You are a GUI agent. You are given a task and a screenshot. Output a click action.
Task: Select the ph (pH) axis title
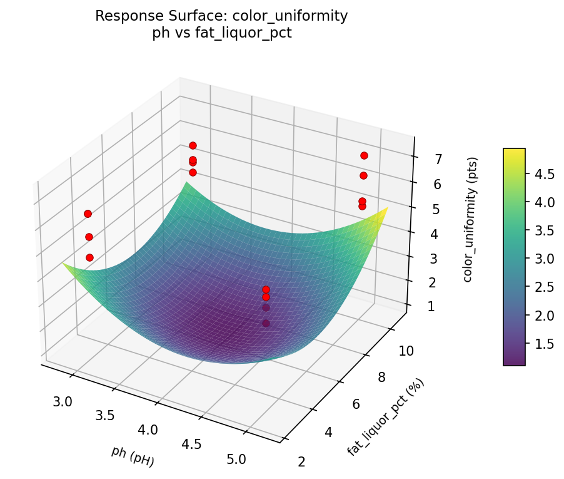pos(133,456)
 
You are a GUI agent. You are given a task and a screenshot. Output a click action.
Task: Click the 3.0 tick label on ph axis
pos(63,401)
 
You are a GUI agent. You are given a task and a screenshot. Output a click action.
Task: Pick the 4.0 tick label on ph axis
pos(148,430)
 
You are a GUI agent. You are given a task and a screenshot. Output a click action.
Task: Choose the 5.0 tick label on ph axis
pos(236,459)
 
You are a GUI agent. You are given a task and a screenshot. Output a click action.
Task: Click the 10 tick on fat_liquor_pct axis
pos(406,351)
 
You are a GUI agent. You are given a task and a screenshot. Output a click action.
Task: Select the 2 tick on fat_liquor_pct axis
pos(303,462)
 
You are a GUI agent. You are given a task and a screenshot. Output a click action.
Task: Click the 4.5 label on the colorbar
pos(544,174)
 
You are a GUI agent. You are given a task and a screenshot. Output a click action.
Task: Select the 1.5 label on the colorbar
pos(544,343)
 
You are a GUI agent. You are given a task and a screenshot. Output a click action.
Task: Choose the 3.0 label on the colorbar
pos(544,259)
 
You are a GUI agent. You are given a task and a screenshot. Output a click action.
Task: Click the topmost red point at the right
pos(364,155)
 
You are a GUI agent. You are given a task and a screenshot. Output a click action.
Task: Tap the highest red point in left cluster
pos(88,214)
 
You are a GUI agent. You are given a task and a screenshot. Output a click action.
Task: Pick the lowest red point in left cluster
pos(89,257)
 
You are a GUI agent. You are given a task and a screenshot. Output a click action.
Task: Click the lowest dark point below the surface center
pos(266,323)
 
